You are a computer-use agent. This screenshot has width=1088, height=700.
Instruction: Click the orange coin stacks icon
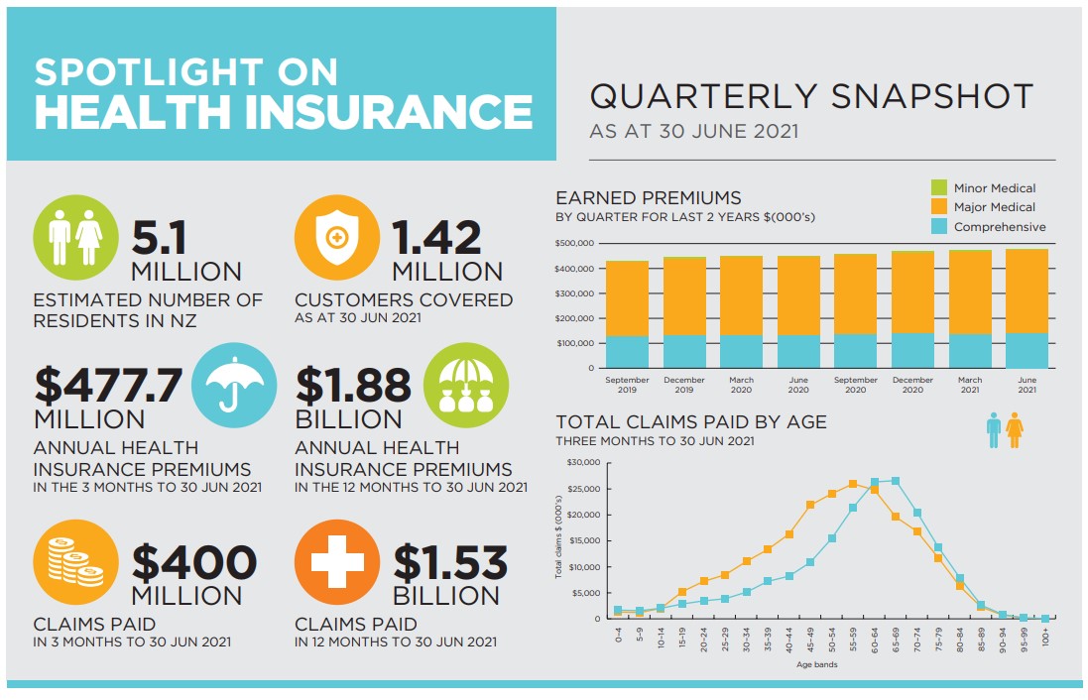click(76, 563)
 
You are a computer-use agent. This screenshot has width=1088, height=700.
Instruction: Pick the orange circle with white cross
click(337, 563)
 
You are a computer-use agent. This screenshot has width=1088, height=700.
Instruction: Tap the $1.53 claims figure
click(450, 564)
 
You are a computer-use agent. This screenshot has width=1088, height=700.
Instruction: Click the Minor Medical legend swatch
click(938, 187)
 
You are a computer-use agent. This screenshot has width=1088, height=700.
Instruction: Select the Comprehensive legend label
click(999, 227)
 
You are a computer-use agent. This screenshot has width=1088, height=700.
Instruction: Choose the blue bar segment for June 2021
click(1027, 351)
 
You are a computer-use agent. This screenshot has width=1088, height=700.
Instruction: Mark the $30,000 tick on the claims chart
click(583, 463)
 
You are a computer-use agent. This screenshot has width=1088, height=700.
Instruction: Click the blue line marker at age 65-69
click(896, 481)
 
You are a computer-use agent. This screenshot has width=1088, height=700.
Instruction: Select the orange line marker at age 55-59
click(853, 484)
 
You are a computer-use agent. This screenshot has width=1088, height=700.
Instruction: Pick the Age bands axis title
click(817, 664)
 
